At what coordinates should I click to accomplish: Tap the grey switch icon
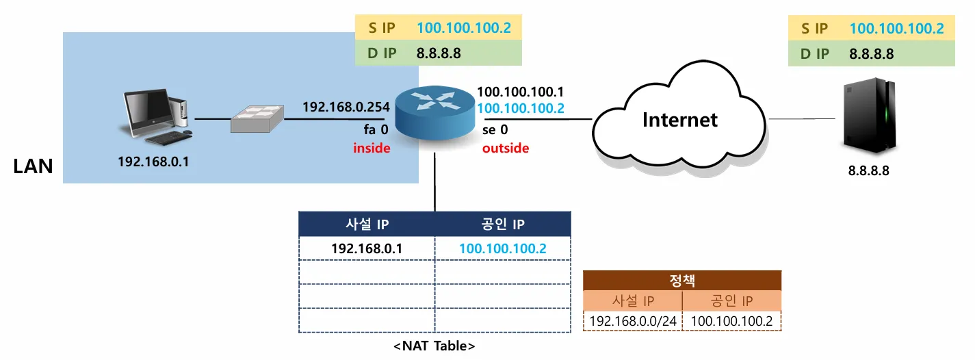pos(256,120)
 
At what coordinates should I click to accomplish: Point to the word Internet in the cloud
pos(680,120)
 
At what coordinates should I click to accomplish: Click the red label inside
pos(372,148)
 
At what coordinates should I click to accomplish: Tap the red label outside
pos(506,148)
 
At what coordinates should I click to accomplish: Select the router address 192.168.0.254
pos(346,107)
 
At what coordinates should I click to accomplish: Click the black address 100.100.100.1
pos(521,92)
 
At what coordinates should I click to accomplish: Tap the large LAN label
pos(33,166)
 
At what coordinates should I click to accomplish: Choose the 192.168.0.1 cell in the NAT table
pos(367,248)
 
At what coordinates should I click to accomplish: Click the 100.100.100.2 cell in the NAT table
pos(503,248)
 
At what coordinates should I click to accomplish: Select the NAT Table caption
pos(434,346)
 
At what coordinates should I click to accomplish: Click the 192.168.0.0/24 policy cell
pos(633,321)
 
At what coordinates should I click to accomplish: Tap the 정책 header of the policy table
pos(681,280)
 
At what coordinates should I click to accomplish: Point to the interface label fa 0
pos(376,129)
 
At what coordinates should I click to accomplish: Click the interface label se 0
pos(495,129)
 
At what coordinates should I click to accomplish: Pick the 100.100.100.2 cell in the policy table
pos(731,321)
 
